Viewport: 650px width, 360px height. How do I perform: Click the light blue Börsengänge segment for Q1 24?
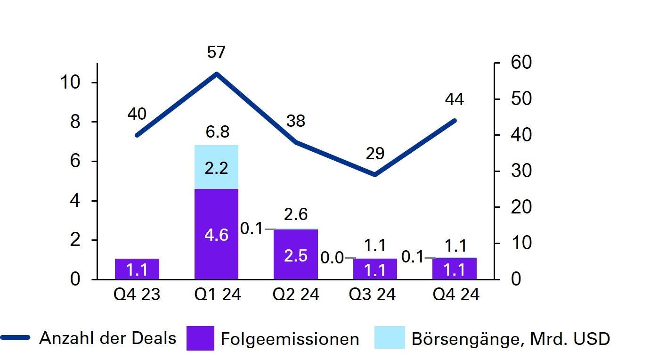pyautogui.click(x=216, y=167)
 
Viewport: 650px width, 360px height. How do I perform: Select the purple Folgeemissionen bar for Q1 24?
pyautogui.click(x=216, y=234)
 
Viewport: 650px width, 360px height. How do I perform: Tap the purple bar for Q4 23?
pyautogui.click(x=137, y=269)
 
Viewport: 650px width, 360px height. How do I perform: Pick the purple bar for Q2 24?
pyautogui.click(x=295, y=254)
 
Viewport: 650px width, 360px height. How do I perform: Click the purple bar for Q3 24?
pyautogui.click(x=375, y=269)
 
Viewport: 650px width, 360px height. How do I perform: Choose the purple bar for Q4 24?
pyautogui.click(x=455, y=269)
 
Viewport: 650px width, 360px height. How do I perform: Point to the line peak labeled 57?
pyautogui.click(x=216, y=74)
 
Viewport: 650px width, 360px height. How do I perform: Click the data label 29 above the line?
pyautogui.click(x=375, y=154)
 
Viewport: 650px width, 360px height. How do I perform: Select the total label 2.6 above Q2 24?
pyautogui.click(x=296, y=214)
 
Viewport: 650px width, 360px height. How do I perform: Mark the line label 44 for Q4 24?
pyautogui.click(x=455, y=99)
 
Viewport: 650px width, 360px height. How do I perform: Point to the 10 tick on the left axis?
pyautogui.click(x=71, y=82)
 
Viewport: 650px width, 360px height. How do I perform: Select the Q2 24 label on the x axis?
pyautogui.click(x=296, y=295)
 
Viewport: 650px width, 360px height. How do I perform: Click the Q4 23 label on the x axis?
pyautogui.click(x=137, y=295)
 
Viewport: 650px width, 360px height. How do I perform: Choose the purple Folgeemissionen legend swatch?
pyautogui.click(x=200, y=338)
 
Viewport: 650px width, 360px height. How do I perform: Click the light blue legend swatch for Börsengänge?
pyautogui.click(x=390, y=338)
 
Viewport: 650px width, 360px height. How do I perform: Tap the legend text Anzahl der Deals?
pyautogui.click(x=107, y=338)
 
